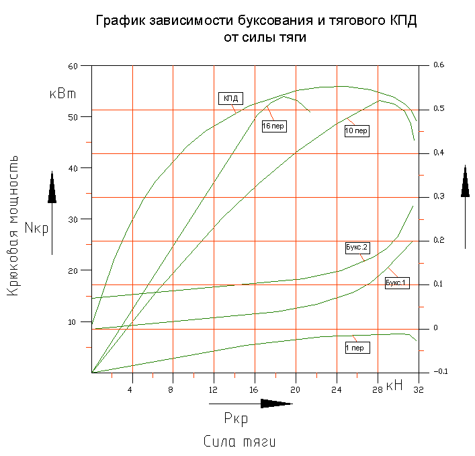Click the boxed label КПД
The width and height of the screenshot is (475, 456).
point(230,98)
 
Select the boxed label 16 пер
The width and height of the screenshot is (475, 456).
point(273,126)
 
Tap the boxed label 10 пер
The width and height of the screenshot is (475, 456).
point(356,130)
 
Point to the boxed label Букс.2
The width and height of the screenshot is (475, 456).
point(357,248)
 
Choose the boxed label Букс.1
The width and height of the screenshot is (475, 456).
point(396,283)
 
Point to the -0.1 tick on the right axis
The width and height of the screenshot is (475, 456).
point(440,372)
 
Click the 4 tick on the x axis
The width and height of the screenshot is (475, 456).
point(132,389)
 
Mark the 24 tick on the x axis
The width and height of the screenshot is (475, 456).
point(337,389)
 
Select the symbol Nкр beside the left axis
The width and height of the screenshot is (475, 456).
point(36,227)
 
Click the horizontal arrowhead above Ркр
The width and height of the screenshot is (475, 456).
point(276,404)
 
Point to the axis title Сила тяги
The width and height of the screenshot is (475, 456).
point(240,442)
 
